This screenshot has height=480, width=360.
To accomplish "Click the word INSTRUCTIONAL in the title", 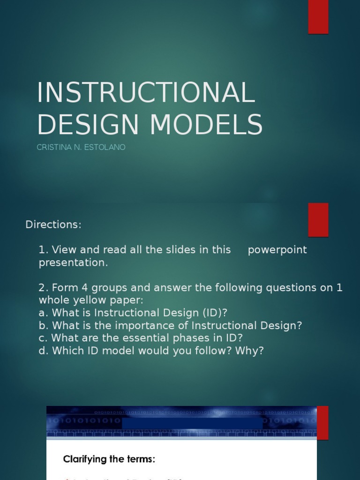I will coord(146,92).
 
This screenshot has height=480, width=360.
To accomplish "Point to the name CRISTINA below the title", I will coord(52,147).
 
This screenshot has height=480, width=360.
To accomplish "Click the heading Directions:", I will coord(53,225).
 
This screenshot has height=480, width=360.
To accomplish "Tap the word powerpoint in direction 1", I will coord(277,250).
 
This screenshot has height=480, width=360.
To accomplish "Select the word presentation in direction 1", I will coord(73,262).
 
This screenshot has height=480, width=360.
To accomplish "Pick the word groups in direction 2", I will coord(93,287).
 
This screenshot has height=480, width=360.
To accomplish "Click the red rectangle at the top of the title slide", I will coord(318,17).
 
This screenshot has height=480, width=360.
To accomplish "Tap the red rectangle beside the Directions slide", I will coord(318,220).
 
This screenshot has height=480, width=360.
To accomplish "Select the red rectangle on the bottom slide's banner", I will coord(322,422).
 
